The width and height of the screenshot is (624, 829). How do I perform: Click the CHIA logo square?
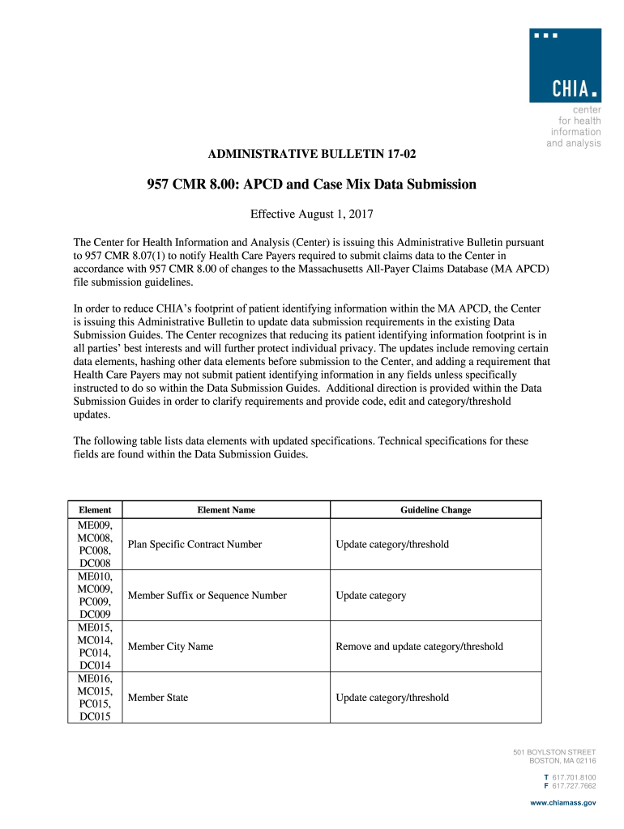coord(565,65)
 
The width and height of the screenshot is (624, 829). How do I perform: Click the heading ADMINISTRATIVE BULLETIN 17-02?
coord(313,154)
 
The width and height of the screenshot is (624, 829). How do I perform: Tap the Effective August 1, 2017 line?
coord(311,215)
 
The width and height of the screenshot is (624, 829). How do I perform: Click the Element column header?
coord(95,510)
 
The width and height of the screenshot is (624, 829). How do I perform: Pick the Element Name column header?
coord(226,510)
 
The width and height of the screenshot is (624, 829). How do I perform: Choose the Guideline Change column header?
coord(435,510)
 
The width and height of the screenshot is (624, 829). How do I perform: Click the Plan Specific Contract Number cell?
coord(194,544)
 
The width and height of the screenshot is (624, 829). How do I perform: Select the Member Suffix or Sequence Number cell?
coord(207,595)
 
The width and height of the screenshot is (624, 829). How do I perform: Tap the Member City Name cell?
coord(170,646)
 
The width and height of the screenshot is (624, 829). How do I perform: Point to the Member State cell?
coord(158,697)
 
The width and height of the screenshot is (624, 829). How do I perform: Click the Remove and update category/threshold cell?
coord(419,646)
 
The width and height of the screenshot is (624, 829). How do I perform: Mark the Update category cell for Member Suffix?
coord(370,595)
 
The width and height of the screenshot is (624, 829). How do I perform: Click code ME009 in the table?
coord(95,525)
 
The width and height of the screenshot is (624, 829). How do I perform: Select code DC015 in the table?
coord(95,716)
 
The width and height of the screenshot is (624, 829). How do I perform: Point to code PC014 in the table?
coord(95,652)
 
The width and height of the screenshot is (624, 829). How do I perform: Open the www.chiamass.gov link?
coord(562,802)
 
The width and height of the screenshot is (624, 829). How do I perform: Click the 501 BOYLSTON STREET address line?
coord(554,752)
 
